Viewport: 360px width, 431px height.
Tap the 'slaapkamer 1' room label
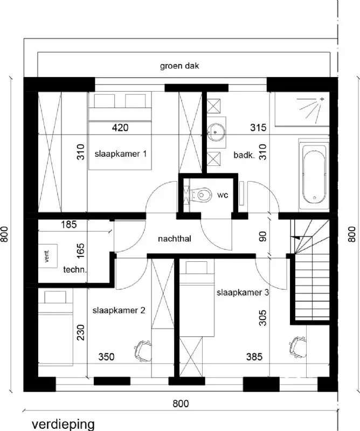coord(121,154)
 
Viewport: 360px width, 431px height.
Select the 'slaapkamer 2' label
coord(119,310)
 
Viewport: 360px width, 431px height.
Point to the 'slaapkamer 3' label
coord(243,293)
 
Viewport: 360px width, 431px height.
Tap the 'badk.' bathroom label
coord(244,155)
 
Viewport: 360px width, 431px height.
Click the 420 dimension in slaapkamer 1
coord(120,128)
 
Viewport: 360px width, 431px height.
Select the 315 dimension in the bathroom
coord(259,128)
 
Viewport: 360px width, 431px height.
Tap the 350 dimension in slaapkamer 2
coord(107,357)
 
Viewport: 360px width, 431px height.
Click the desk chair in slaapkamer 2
coord(142,349)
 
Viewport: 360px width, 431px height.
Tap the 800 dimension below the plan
coord(181,403)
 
